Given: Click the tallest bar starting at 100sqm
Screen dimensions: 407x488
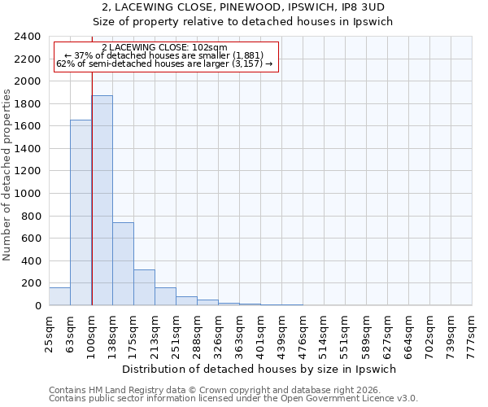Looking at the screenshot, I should coord(102,200).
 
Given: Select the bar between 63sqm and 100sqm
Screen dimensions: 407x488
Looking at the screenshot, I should coord(81,212).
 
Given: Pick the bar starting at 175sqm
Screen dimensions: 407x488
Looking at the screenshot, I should coord(144,287).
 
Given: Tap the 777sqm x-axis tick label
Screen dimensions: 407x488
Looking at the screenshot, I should coord(473,334).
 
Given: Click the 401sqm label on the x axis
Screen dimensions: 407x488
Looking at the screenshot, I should coord(261,334).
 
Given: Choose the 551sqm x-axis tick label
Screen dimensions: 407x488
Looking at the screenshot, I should coord(346,334).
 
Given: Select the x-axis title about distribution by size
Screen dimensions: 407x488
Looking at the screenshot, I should coord(260,369).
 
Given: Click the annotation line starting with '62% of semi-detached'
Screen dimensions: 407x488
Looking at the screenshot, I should coord(167,64).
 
